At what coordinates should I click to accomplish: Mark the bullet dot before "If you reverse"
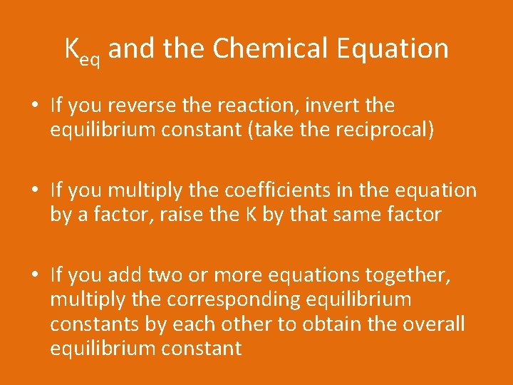tap(36, 106)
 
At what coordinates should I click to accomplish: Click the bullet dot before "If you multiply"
tap(36, 191)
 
